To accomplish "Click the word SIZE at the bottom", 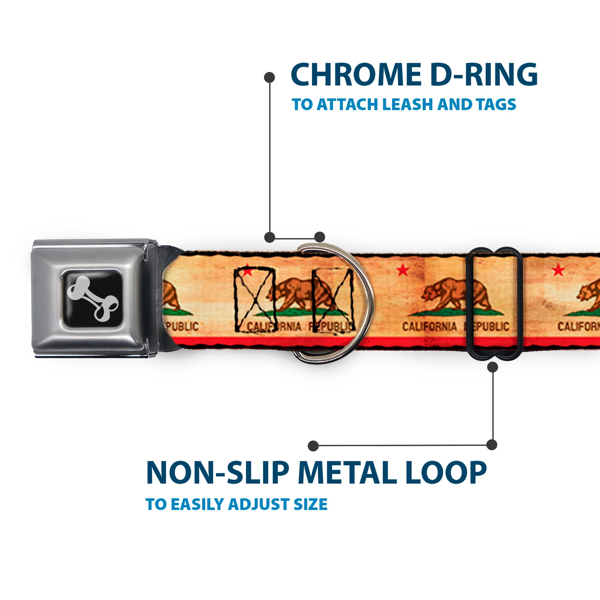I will pos(310,504).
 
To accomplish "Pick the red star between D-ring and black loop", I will pos(403,270).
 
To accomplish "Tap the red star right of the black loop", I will pos(558,270).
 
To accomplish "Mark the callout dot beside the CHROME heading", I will pos(269,77).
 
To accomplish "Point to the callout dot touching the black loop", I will pos(492,368).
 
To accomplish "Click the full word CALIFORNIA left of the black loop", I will pos(429,327).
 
